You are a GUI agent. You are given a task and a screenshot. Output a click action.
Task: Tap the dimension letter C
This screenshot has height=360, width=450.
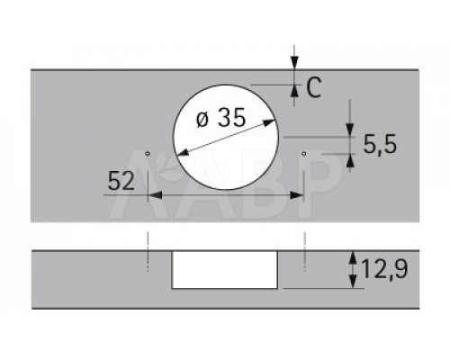313,87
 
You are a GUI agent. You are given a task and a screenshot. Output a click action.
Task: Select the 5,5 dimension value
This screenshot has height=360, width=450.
380,144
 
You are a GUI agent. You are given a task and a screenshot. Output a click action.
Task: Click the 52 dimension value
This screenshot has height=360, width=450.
121,181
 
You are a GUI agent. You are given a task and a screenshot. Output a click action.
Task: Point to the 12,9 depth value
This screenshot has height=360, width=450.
384,269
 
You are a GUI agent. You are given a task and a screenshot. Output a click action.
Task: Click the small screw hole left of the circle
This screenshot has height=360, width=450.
148,154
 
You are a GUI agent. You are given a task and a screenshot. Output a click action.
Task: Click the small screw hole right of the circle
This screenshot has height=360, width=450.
304,154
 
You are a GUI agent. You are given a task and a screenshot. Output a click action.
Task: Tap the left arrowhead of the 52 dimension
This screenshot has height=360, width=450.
155,195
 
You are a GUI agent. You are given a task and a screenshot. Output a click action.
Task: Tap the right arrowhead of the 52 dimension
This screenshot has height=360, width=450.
297,195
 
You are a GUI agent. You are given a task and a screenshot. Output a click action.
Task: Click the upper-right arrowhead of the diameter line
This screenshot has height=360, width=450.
269,122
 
